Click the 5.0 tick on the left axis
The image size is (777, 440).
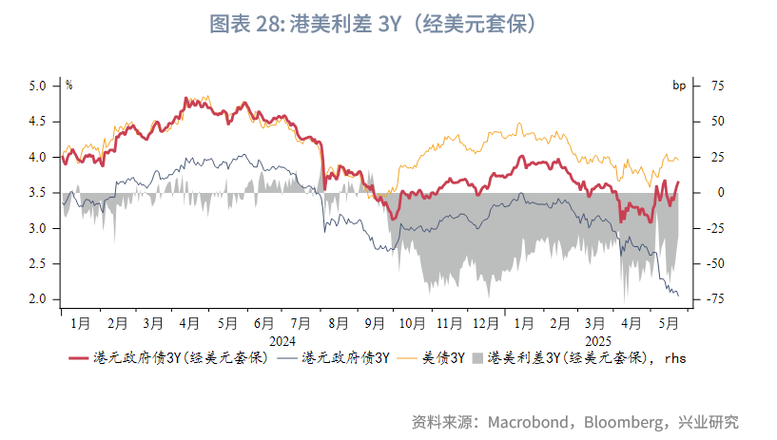coord(37,86)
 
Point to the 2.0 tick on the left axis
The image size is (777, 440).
coord(37,299)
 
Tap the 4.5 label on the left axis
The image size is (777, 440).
coord(37,122)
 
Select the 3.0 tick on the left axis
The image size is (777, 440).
coord(37,228)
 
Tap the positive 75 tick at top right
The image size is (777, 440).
coord(714,86)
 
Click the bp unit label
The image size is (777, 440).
coord(679,86)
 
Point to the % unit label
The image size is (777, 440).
coord(68,86)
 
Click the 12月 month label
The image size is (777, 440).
coord(486,323)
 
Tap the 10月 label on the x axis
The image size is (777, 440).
coord(412,323)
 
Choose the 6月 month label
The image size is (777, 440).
coord(264,323)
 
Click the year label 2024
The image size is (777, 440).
coord(282,340)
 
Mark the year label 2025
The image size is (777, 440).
coord(597,340)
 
